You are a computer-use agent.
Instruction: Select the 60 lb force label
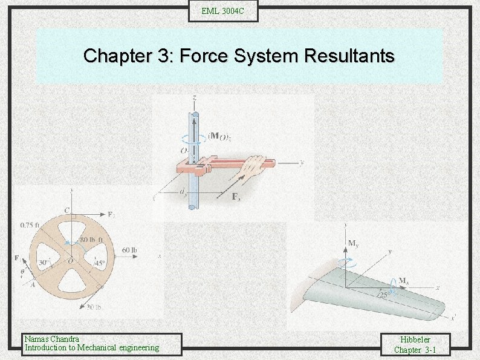click(129, 250)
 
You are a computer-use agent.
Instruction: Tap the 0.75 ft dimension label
click(30, 226)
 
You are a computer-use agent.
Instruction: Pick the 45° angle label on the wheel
click(99, 263)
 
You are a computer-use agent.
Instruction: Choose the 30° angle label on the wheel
click(43, 262)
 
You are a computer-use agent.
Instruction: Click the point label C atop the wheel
click(67, 211)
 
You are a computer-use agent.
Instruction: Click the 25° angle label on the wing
click(383, 295)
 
